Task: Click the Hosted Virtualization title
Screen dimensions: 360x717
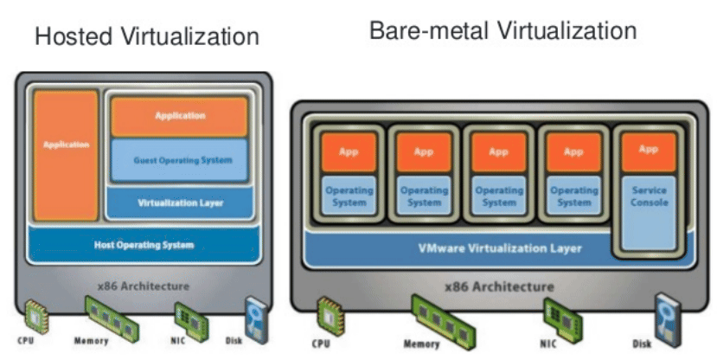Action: [146, 36]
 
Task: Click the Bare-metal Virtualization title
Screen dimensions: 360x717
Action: [503, 32]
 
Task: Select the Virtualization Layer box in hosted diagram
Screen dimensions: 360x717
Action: [180, 203]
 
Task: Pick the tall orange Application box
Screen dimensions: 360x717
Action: [66, 154]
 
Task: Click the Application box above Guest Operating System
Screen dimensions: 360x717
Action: [180, 116]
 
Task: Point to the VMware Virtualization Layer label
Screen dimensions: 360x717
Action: [500, 248]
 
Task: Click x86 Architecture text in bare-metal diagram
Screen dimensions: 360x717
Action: [500, 286]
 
